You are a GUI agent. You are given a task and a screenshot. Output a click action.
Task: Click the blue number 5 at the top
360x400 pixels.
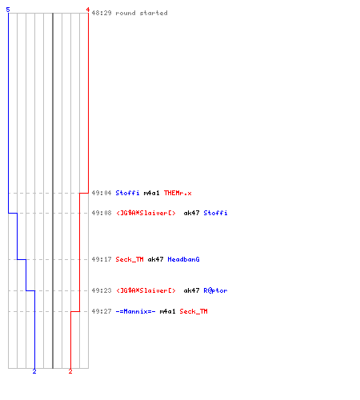pos(8,10)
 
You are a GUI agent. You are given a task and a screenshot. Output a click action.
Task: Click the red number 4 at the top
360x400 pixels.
pos(88,10)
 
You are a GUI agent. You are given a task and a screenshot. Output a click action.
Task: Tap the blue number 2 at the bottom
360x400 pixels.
pos(34,371)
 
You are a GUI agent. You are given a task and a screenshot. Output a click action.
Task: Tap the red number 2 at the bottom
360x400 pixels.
pos(70,371)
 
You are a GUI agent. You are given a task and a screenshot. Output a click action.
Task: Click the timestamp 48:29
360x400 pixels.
pos(102,13)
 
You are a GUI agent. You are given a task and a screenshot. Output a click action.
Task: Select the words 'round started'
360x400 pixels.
pos(142,13)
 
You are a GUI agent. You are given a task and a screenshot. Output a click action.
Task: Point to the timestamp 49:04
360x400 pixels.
pos(102,193)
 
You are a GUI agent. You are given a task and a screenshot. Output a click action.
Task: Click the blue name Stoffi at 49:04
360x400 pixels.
pos(127,193)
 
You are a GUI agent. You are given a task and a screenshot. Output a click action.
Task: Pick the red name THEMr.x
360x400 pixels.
pos(178,193)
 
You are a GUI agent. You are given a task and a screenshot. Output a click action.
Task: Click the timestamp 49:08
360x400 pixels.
pos(102,213)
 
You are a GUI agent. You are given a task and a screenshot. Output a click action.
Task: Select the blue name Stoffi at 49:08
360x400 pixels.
pos(215,213)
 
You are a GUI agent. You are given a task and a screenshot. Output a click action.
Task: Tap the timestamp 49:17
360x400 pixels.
pos(102,259)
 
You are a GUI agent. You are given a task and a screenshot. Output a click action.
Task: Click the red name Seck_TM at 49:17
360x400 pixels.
pos(130,259)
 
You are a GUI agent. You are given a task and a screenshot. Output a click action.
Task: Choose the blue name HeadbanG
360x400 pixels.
pos(183,259)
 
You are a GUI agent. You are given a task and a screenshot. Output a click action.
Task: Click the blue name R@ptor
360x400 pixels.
pos(215,290)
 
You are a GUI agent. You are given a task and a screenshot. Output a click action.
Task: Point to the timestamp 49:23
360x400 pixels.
pos(102,290)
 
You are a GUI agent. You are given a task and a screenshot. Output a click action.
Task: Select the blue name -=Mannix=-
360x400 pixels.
pos(135,311)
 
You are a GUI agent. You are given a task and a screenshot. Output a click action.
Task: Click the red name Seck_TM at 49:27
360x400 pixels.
pos(194,311)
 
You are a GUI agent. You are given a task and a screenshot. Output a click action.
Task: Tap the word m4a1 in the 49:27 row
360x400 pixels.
pos(167,311)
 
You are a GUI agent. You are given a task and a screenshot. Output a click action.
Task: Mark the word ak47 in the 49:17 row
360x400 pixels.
pos(155,259)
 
